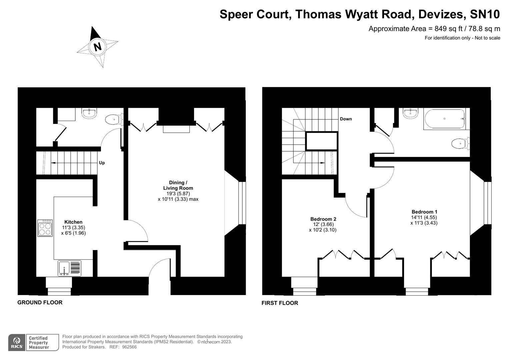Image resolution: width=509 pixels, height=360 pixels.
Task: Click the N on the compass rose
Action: pyautogui.click(x=97, y=46)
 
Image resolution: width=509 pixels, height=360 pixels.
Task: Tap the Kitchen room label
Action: pyautogui.click(x=73, y=222)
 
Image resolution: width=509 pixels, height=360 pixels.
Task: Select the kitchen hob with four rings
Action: pyautogui.click(x=45, y=228)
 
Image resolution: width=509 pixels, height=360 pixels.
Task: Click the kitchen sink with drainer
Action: pyautogui.click(x=69, y=268)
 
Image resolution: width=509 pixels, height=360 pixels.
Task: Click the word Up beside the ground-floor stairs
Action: pyautogui.click(x=102, y=163)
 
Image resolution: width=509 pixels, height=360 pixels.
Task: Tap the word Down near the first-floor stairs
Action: pyautogui.click(x=346, y=119)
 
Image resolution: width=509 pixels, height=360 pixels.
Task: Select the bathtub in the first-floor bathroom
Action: pyautogui.click(x=444, y=119)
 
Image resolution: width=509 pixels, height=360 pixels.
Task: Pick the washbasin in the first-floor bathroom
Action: pyautogui.click(x=410, y=113)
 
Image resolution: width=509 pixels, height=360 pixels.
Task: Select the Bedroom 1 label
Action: pyautogui.click(x=424, y=212)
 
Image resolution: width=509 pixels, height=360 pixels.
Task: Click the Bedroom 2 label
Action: pyautogui.click(x=323, y=219)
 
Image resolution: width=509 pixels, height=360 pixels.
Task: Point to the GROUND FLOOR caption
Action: pyautogui.click(x=40, y=302)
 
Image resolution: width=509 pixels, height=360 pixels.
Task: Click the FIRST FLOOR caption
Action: pyautogui.click(x=280, y=303)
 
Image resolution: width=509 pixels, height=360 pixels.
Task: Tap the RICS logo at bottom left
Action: pyautogui.click(x=16, y=342)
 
